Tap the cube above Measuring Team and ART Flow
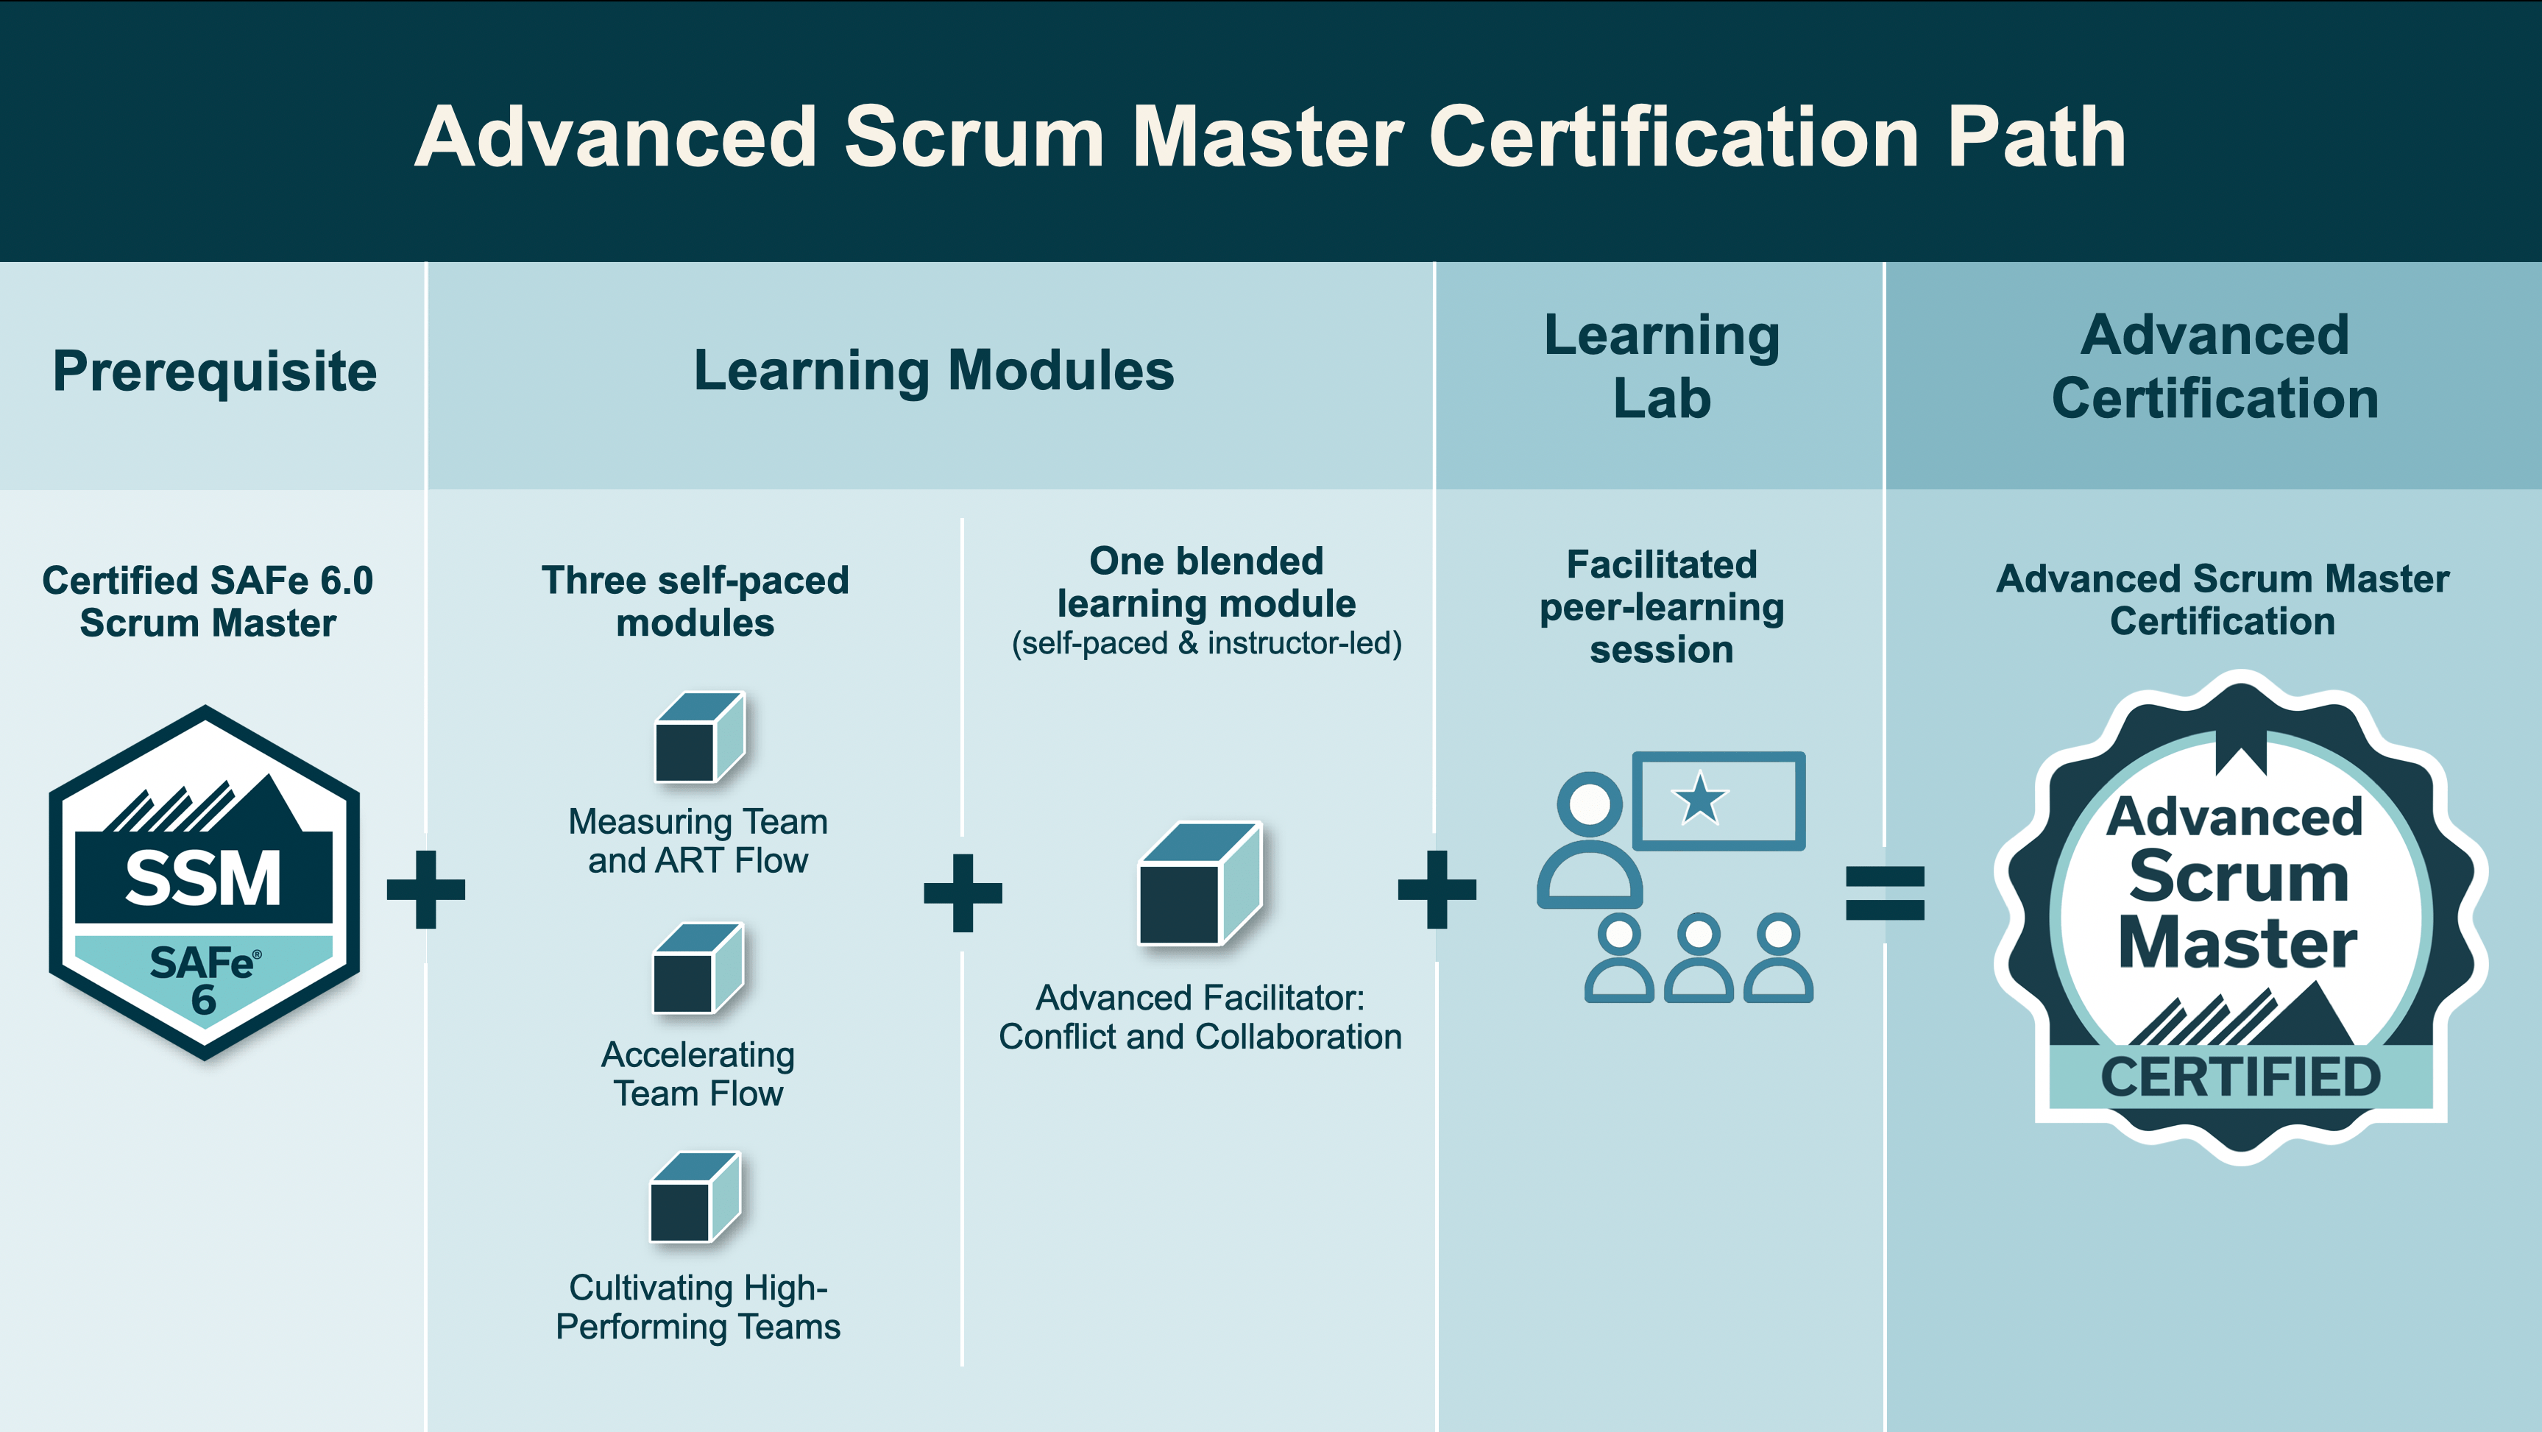(x=700, y=737)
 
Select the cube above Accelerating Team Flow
(x=698, y=968)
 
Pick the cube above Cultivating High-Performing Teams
(x=695, y=1197)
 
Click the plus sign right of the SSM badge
(x=426, y=889)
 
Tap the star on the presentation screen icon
(x=1700, y=798)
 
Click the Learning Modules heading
(x=933, y=371)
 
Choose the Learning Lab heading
(x=1662, y=366)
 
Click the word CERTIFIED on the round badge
(x=2240, y=1077)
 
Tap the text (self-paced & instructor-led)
(x=1206, y=643)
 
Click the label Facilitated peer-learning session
(x=1662, y=607)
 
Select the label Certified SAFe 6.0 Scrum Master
(x=208, y=602)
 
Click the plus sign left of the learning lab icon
(x=1437, y=889)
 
